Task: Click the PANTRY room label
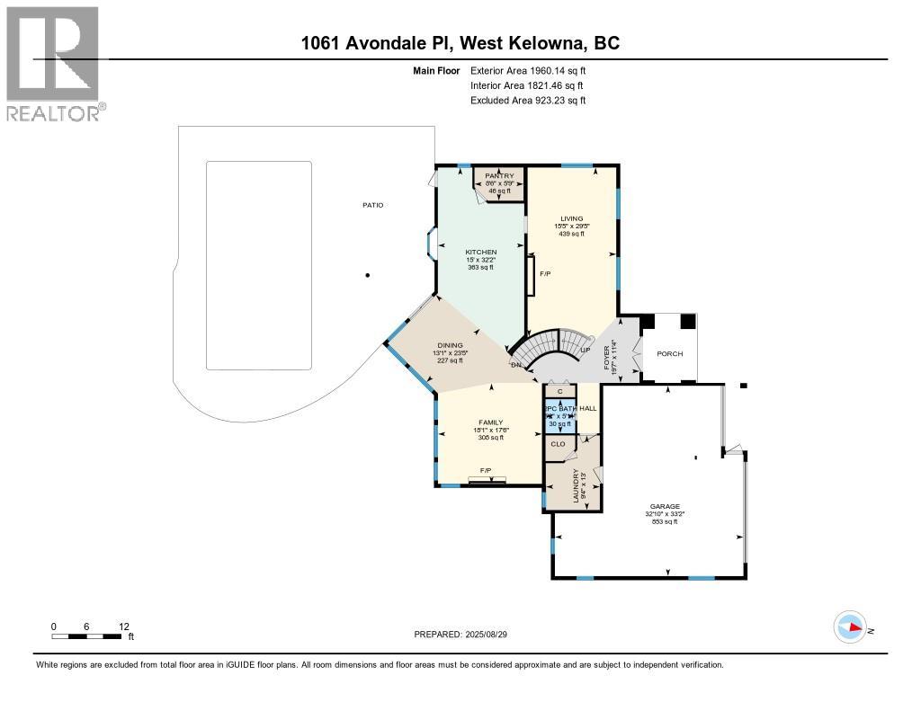[x=498, y=175]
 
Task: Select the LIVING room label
[x=572, y=218]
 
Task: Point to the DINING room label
[x=450, y=345]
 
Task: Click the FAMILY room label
[x=490, y=422]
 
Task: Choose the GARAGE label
[x=666, y=506]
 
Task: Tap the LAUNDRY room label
[x=576, y=486]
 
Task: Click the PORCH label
[x=669, y=353]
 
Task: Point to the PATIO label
[x=372, y=205]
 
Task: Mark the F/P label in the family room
[x=486, y=470]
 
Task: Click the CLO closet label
[x=558, y=443]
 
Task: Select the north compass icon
[x=850, y=627]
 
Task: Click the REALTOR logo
[x=54, y=63]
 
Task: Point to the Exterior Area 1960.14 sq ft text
[x=528, y=70]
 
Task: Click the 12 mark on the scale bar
[x=123, y=626]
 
